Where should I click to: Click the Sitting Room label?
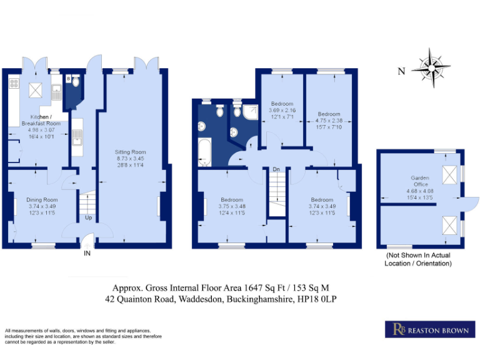tap(130, 152)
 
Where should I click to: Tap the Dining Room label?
tap(42, 199)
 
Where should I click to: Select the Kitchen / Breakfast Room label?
tap(41, 120)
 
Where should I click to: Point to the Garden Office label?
tap(420, 181)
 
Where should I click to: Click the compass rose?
tap(431, 67)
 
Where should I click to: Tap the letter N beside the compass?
tap(401, 71)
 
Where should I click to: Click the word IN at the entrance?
tap(87, 253)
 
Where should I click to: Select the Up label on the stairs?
tap(88, 217)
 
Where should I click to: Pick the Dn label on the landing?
tap(276, 169)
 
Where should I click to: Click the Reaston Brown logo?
tap(430, 329)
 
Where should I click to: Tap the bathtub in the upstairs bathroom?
tap(204, 152)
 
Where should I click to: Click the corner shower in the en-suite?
tap(251, 112)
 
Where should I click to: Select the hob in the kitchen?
tap(14, 83)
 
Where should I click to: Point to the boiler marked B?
tap(69, 79)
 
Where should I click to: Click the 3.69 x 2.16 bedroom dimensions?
tap(282, 110)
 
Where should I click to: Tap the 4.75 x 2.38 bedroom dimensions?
tap(329, 121)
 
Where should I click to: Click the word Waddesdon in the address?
tap(201, 299)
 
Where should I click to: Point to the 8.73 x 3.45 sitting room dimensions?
tap(130, 159)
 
